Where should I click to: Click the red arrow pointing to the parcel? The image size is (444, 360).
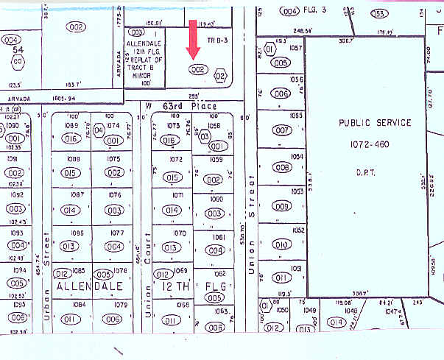[x=194, y=39]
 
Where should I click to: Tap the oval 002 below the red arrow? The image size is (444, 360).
[x=196, y=69]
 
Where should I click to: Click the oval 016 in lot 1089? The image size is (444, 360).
[x=71, y=138]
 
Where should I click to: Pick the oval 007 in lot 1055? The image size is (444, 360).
[x=281, y=130]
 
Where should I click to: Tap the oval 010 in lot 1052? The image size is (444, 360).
[x=281, y=244]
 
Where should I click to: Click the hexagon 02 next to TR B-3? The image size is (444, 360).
[x=219, y=75]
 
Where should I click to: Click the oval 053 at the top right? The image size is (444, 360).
[x=379, y=13]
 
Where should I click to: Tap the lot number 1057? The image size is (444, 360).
[x=296, y=47]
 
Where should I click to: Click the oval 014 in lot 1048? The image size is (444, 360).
[x=337, y=322]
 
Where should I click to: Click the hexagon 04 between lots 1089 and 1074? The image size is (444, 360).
[x=100, y=131]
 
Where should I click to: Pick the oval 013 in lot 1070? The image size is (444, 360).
[x=172, y=247]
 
